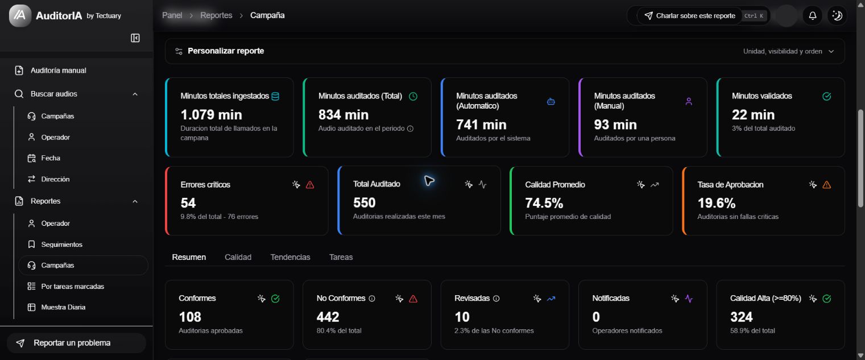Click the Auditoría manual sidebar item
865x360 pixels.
pyautogui.click(x=59, y=71)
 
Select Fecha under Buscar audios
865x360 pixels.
pyautogui.click(x=50, y=158)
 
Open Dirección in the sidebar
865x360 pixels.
pyautogui.click(x=55, y=179)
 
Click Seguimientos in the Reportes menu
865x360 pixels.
pyautogui.click(x=61, y=245)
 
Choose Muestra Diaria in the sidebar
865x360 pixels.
pyautogui.click(x=63, y=307)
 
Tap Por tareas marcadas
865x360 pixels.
pyautogui.click(x=72, y=286)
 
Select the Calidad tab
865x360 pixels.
pyautogui.click(x=238, y=257)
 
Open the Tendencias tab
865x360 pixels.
pyautogui.click(x=290, y=257)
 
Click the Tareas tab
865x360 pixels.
pyautogui.click(x=341, y=257)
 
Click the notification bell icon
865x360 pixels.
pyautogui.click(x=813, y=15)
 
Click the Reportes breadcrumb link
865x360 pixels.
pyautogui.click(x=216, y=15)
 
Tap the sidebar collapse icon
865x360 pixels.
pyautogui.click(x=135, y=38)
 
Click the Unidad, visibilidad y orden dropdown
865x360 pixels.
pyautogui.click(x=788, y=51)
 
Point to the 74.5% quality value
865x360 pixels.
pyautogui.click(x=544, y=203)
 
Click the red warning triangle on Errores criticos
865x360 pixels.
pyautogui.click(x=310, y=185)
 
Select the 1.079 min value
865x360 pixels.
pyautogui.click(x=211, y=115)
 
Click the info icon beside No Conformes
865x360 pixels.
pyautogui.click(x=372, y=299)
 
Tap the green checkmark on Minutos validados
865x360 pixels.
pyautogui.click(x=826, y=96)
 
